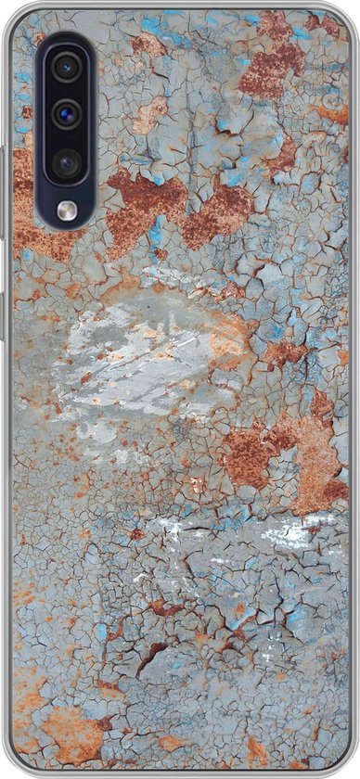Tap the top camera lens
[x=65, y=68]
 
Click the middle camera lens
[x=65, y=115]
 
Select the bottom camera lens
[x=65, y=163]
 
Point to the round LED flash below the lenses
[x=65, y=211]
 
